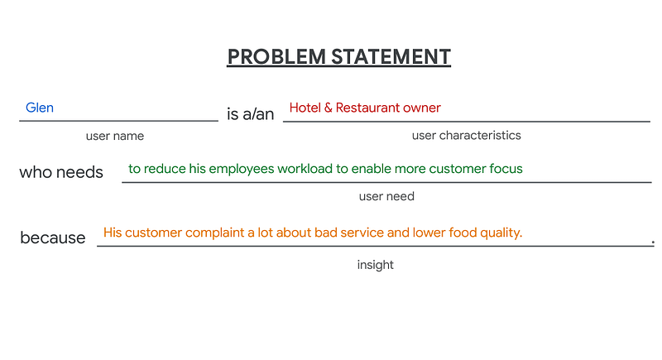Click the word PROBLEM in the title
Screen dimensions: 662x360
coord(276,57)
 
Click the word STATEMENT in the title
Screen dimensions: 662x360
coord(391,57)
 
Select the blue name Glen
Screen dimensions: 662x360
coord(40,108)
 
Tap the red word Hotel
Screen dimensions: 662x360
coord(305,108)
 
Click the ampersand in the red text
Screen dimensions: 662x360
coord(328,108)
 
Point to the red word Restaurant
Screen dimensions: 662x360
coord(367,108)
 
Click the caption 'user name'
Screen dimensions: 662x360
coord(115,136)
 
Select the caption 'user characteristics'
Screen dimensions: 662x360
coord(467,136)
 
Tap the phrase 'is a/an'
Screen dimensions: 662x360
coord(251,114)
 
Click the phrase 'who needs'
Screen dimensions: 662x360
coord(61,172)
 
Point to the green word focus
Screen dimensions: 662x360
coord(506,169)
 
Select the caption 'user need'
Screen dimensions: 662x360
coord(386,196)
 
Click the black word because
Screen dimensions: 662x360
coord(53,238)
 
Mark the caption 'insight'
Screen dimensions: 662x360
coord(376,265)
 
